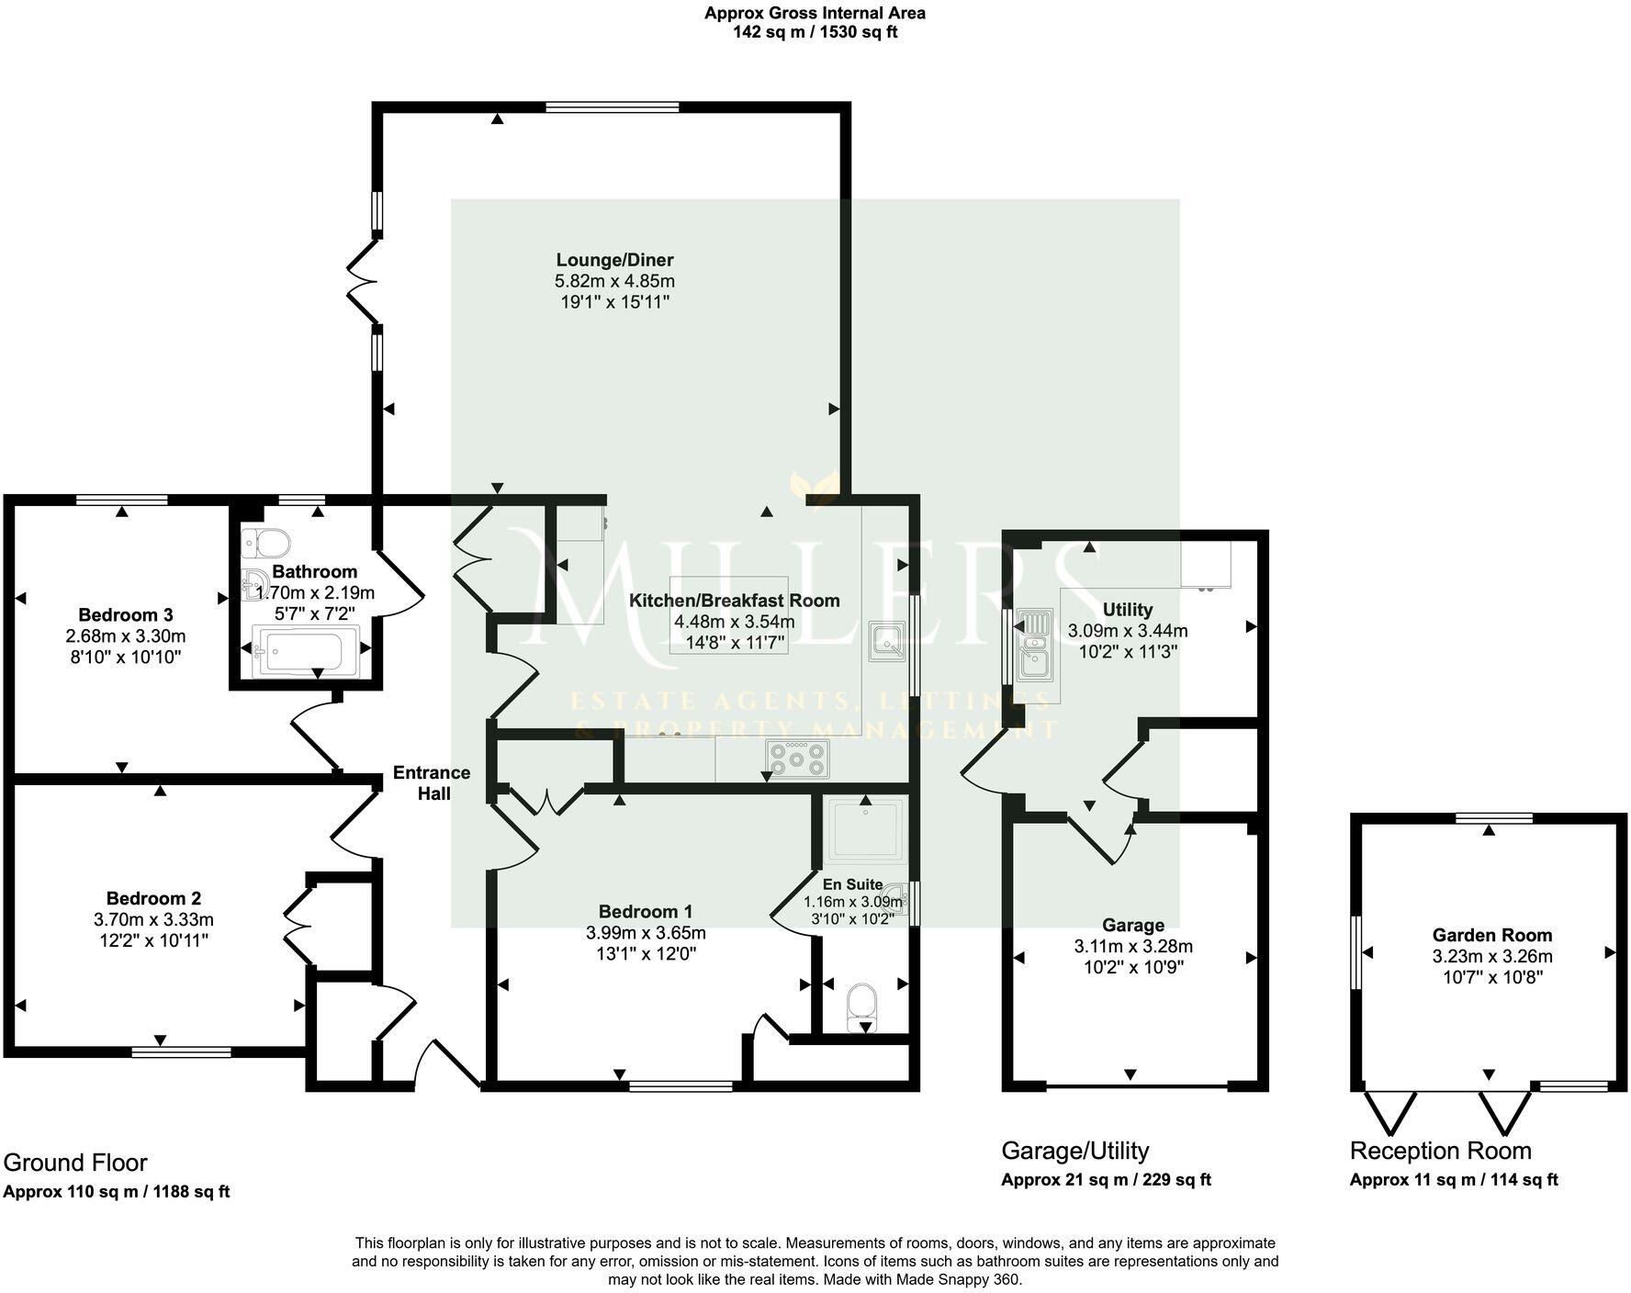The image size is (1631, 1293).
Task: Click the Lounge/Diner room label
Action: (614, 260)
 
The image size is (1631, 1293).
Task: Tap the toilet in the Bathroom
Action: (265, 543)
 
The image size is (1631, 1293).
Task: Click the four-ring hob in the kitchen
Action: (798, 759)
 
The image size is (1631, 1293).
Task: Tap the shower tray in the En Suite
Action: (866, 829)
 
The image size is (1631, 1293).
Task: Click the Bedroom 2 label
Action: (153, 898)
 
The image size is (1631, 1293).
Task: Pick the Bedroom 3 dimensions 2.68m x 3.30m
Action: (126, 635)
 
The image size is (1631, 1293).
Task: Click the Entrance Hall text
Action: (432, 782)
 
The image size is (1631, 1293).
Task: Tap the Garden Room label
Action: (1491, 935)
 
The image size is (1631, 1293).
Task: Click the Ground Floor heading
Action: (75, 1163)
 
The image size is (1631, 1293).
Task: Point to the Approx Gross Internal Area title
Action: (815, 13)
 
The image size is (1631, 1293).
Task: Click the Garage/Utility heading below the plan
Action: (1074, 1151)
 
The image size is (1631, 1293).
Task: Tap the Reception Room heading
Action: (1440, 1151)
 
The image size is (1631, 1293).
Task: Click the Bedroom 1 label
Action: (646, 911)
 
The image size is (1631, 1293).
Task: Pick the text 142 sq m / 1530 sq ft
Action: (815, 32)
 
